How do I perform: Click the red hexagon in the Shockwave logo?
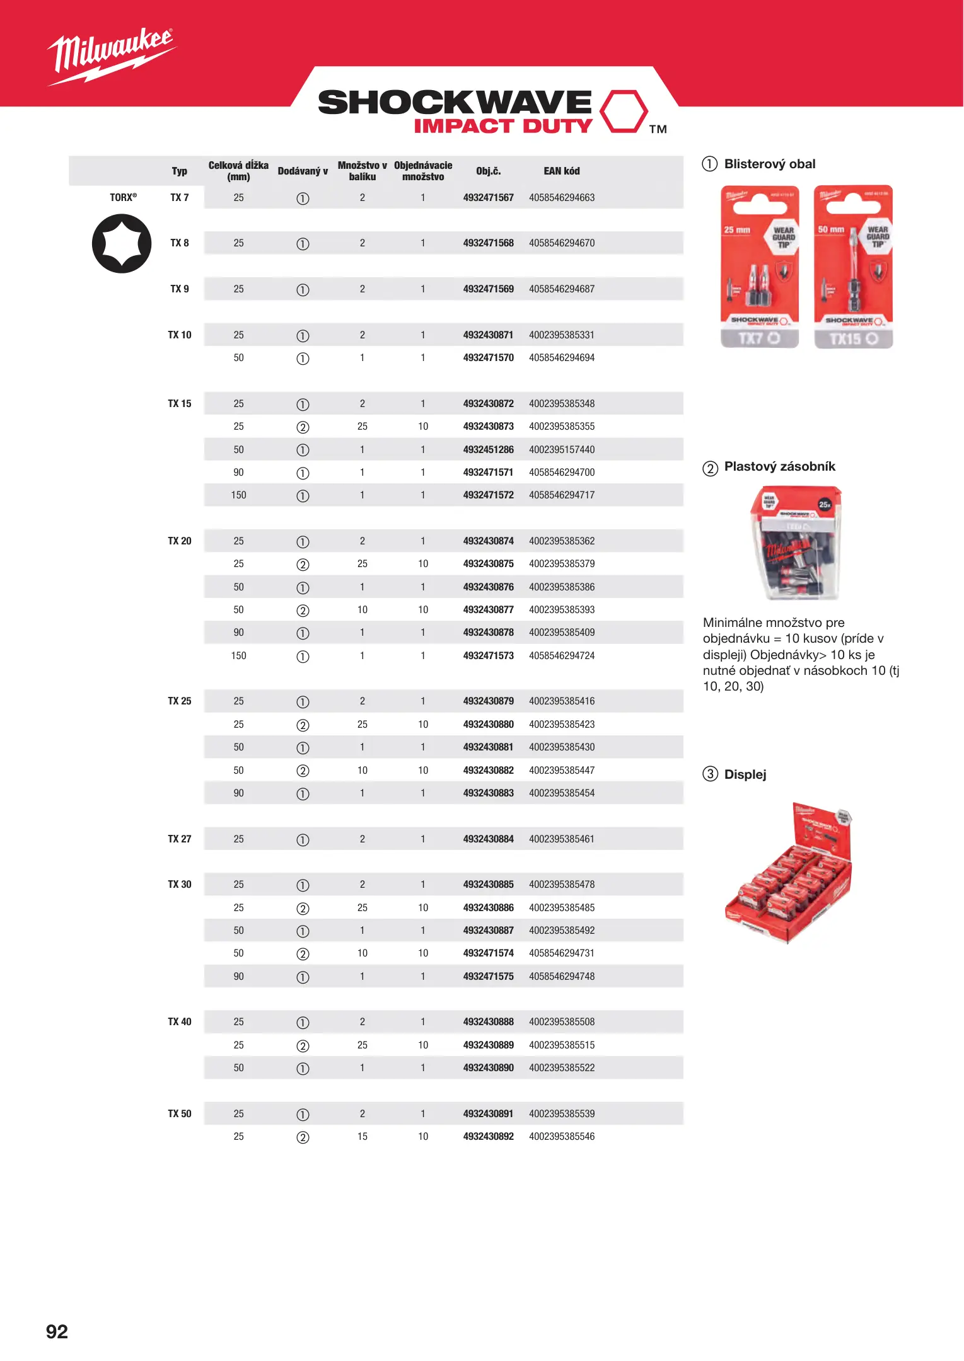click(623, 112)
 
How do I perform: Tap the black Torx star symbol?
click(122, 243)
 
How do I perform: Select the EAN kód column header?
click(561, 171)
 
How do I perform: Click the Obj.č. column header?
click(488, 171)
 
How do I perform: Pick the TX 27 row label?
click(180, 839)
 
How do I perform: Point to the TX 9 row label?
click(180, 289)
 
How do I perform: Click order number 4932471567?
click(488, 198)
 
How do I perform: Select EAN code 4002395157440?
click(561, 450)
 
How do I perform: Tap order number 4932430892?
click(488, 1137)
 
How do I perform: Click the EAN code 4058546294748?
click(561, 976)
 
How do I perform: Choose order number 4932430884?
click(488, 839)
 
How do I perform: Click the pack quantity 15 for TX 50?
click(362, 1137)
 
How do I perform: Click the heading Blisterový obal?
click(769, 164)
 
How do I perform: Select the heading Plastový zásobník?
click(779, 466)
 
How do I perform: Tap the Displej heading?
click(745, 774)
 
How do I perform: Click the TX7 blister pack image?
click(760, 266)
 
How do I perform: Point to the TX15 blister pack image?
click(853, 266)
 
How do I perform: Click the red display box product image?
click(789, 873)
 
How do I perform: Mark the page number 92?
click(57, 1331)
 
